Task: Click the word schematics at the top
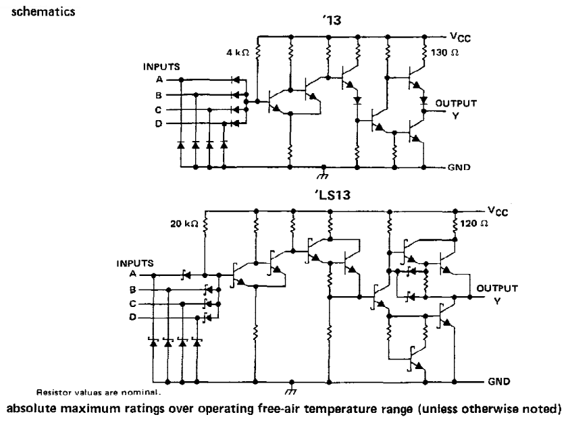click(43, 11)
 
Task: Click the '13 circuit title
click(332, 20)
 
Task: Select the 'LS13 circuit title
click(332, 195)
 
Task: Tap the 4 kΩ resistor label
click(238, 53)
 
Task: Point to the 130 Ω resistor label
click(445, 53)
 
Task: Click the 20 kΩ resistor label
click(184, 224)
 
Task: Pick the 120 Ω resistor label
click(474, 223)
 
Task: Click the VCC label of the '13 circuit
click(461, 37)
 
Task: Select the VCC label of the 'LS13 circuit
click(498, 211)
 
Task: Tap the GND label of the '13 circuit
click(459, 167)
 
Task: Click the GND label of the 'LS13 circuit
click(499, 382)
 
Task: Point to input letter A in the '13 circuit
click(159, 80)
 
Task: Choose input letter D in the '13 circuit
click(159, 123)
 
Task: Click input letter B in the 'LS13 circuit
click(132, 289)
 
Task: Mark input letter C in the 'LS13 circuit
click(132, 304)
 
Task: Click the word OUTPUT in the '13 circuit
click(456, 103)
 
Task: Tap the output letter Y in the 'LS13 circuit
click(497, 301)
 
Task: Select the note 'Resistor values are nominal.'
click(98, 392)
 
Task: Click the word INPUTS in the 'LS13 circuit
click(135, 263)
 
